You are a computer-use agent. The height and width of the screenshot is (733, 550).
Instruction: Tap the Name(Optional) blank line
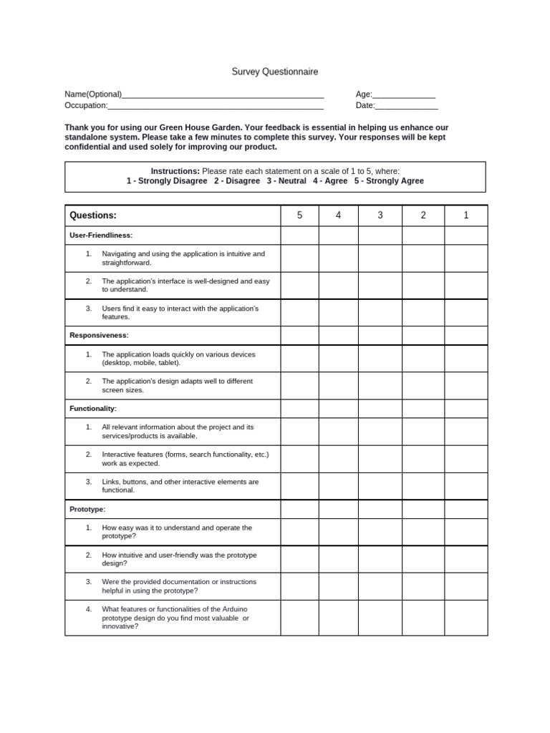pyautogui.click(x=223, y=94)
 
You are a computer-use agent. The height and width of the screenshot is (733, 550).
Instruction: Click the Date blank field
pyautogui.click(x=406, y=106)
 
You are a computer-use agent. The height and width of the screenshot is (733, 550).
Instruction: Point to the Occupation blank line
pyautogui.click(x=216, y=106)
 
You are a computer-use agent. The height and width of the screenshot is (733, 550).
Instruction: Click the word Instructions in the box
pyautogui.click(x=175, y=171)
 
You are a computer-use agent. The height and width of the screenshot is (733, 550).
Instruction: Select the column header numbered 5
pyautogui.click(x=299, y=215)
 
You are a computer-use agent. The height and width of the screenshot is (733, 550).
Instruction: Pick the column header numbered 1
pyautogui.click(x=465, y=215)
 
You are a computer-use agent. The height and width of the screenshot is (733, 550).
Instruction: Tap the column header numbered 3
pyautogui.click(x=380, y=215)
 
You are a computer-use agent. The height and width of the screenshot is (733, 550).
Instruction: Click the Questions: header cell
pyautogui.click(x=93, y=215)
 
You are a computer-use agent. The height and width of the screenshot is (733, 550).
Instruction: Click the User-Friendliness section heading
pyautogui.click(x=101, y=236)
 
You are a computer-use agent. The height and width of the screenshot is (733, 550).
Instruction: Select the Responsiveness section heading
pyautogui.click(x=99, y=335)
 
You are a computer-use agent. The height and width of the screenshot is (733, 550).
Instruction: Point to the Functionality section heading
pyautogui.click(x=93, y=409)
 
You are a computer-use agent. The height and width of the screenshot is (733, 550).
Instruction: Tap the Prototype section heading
pyautogui.click(x=87, y=509)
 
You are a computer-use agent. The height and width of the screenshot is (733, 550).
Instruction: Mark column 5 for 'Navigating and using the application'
pyautogui.click(x=299, y=258)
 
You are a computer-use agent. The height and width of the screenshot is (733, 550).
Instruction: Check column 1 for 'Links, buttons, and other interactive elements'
pyautogui.click(x=465, y=486)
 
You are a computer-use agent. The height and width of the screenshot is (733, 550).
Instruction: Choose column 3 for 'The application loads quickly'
pyautogui.click(x=380, y=359)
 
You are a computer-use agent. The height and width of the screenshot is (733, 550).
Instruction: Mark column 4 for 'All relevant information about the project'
pyautogui.click(x=338, y=432)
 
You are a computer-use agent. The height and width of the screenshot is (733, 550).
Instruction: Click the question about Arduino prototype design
pyautogui.click(x=175, y=617)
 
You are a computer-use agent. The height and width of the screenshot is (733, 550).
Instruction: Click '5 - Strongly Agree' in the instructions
pyautogui.click(x=389, y=181)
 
